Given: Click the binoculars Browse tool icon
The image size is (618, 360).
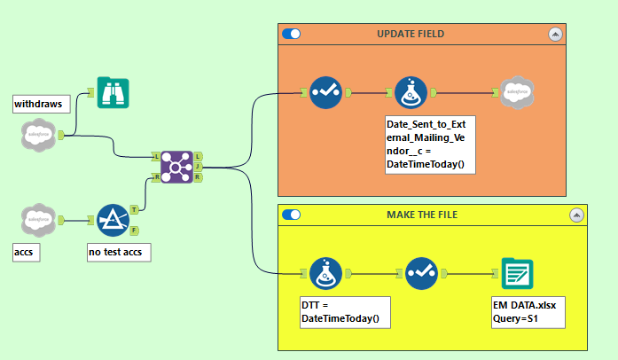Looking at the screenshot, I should click(113, 91).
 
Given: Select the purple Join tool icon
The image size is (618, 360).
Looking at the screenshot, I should click(176, 166).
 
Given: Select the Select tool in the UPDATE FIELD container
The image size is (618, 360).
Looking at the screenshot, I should click(325, 91).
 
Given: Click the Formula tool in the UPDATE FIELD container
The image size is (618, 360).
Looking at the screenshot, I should click(411, 91).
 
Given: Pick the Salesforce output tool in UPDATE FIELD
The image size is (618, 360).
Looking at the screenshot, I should click(515, 91).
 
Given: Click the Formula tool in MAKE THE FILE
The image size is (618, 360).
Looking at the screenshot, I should click(325, 273).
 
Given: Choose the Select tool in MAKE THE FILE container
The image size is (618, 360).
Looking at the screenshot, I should click(421, 273).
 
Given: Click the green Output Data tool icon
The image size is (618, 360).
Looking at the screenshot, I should click(516, 273).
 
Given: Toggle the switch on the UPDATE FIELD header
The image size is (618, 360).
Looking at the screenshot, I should click(292, 34).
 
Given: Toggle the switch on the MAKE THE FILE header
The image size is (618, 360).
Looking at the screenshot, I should click(292, 215).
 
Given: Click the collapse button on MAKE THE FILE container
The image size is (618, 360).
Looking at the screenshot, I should click(577, 215).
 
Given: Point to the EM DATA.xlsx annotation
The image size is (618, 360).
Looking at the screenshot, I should click(528, 311).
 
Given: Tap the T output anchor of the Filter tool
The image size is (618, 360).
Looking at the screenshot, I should click(134, 210).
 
